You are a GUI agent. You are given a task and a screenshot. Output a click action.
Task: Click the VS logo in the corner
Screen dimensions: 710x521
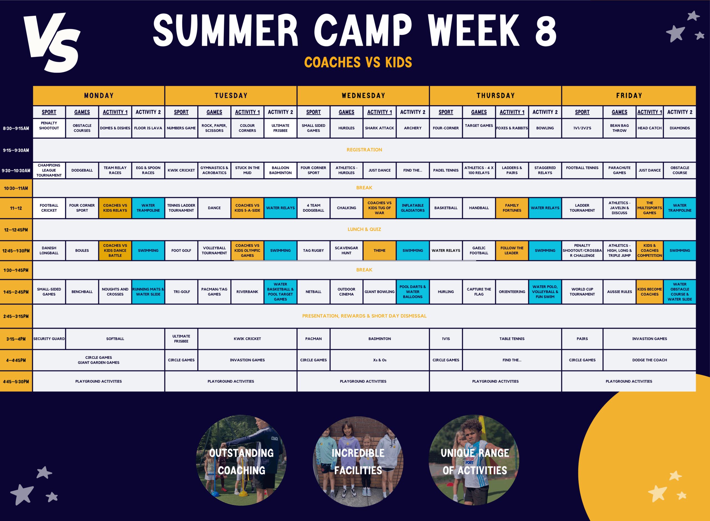(52, 42)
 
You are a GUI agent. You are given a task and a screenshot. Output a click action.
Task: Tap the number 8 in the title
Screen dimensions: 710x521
(546, 31)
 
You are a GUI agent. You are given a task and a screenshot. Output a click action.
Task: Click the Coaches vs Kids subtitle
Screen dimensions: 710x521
(358, 62)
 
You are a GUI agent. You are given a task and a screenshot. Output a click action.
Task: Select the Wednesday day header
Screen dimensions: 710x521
(363, 95)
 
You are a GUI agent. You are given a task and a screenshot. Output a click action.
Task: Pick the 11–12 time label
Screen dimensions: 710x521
(16, 208)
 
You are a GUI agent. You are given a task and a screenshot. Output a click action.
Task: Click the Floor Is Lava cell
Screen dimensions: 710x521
(148, 128)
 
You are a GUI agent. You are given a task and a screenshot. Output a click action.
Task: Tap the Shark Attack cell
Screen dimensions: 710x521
(379, 128)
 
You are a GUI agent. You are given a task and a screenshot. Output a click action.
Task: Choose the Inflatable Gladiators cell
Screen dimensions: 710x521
(412, 208)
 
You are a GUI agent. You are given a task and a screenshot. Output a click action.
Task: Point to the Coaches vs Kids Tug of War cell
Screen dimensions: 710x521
(379, 208)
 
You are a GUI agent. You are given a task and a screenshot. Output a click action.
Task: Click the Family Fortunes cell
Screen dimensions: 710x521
(512, 208)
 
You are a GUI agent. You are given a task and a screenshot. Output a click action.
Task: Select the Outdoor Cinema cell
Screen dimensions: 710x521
(346, 292)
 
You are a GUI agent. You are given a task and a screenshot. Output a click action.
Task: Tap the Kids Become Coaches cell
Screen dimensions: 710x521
(650, 292)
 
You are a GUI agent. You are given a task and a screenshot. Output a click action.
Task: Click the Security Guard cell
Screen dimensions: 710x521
(49, 339)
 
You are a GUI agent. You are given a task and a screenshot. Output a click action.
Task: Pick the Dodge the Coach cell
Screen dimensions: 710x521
(650, 360)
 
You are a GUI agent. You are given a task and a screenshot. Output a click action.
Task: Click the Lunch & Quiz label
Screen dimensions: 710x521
(364, 229)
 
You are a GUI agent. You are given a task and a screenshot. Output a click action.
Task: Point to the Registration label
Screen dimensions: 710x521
(364, 150)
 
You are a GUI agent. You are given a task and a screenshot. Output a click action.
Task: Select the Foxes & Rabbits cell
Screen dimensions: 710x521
(512, 128)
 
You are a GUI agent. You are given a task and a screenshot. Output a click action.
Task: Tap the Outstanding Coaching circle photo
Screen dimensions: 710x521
(241, 460)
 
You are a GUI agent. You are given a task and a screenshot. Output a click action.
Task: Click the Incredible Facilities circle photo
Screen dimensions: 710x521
(358, 461)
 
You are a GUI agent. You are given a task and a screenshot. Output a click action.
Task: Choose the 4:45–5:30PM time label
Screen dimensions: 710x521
(16, 382)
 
